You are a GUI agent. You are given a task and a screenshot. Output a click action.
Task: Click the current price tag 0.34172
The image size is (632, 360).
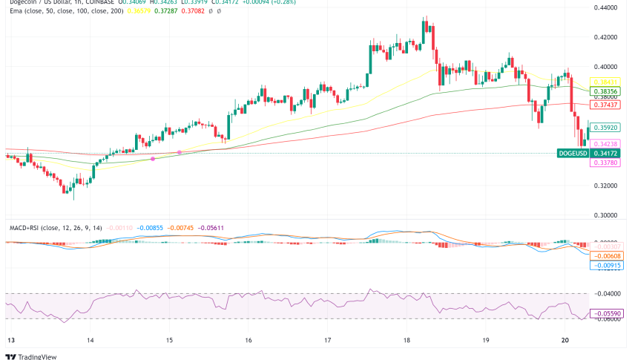pos(607,154)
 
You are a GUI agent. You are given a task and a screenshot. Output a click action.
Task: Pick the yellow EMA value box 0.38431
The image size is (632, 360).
pos(606,81)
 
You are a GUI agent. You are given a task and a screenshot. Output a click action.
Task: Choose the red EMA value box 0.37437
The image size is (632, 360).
pos(606,105)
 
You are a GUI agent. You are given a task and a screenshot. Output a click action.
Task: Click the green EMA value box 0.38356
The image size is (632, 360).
pos(606,91)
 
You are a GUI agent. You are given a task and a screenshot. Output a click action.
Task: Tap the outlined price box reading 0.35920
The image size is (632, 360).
pos(606,127)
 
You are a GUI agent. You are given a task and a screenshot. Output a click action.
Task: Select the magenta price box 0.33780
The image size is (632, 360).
pos(606,163)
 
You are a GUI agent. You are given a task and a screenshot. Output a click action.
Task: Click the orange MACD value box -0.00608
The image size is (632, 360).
pos(606,255)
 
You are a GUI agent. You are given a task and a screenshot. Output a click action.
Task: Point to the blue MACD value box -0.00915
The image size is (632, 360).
pos(606,265)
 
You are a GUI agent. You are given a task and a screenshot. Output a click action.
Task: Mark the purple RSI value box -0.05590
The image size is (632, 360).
pos(606,314)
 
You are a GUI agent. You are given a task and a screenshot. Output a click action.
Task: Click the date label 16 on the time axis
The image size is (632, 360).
pos(248,340)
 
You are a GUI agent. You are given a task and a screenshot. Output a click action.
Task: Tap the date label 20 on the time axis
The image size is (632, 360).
pos(565,340)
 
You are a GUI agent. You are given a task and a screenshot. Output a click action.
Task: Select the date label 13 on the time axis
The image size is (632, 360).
pos(10,340)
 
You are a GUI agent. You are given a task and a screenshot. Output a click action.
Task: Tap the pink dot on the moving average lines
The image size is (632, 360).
pos(153,160)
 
